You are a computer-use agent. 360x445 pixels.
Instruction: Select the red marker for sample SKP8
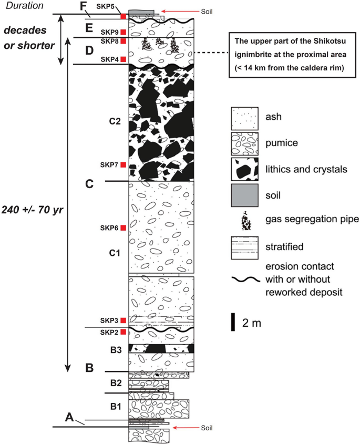click(x=123, y=41)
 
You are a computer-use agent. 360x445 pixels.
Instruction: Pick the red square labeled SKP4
click(x=123, y=59)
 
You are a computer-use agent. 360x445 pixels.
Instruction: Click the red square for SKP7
click(x=123, y=165)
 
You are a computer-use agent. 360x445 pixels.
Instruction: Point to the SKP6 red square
click(x=123, y=227)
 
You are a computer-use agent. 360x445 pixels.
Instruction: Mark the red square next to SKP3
click(x=123, y=320)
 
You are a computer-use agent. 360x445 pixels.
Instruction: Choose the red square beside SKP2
click(x=123, y=332)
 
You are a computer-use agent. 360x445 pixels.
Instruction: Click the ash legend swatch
click(x=244, y=117)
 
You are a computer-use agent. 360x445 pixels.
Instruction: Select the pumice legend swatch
click(x=244, y=143)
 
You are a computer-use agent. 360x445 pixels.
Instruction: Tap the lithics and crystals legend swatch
click(x=244, y=170)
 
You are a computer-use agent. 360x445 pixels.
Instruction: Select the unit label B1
click(x=115, y=406)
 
